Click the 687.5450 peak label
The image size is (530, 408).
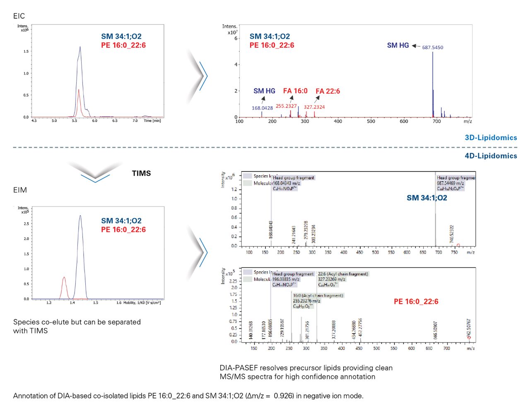432,47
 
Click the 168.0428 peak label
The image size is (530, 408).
262,108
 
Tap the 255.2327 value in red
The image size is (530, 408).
286,106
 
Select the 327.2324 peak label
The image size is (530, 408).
314,107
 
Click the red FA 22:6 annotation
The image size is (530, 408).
328,91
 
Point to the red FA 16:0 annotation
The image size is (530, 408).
295,91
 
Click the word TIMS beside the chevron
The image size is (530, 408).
141,173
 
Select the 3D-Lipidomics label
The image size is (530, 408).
491,138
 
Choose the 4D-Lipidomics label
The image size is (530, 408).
491,156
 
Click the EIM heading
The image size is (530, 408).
20,190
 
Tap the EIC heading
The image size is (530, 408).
19,16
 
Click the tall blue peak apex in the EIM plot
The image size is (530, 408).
80,216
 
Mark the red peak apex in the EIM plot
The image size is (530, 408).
64,277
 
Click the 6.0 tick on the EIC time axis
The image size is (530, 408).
94,121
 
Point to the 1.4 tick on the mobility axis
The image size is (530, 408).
72,303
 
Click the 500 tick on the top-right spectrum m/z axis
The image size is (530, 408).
371,121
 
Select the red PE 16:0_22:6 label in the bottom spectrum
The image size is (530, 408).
416,301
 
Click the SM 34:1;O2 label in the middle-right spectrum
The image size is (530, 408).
426,198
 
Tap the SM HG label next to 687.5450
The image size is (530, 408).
397,45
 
